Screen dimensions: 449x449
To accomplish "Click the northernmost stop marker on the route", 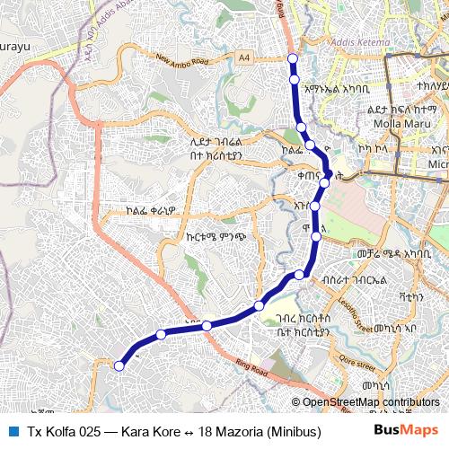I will [292, 59].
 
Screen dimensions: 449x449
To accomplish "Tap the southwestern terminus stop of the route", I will [119, 365].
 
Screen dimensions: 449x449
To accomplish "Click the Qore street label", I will [356, 365].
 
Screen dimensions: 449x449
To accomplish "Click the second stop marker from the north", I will [294, 80].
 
